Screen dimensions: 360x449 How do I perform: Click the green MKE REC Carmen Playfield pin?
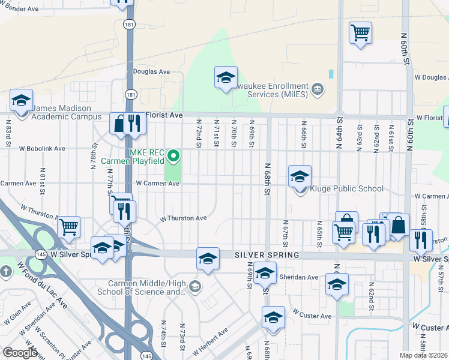174,157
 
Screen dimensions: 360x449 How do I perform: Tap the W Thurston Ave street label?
183,218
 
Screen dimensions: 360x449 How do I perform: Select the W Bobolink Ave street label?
41,148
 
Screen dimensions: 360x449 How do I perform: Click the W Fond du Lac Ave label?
42,285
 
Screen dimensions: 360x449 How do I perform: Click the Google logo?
20,353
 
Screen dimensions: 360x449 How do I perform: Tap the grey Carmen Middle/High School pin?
194,287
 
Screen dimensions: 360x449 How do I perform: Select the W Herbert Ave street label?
210,340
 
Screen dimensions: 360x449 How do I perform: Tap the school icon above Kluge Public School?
300,176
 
